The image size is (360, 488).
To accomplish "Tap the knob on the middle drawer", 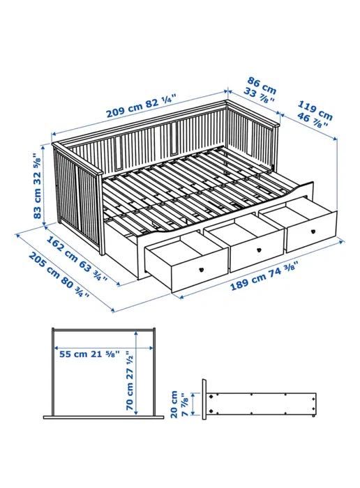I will [257, 247].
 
